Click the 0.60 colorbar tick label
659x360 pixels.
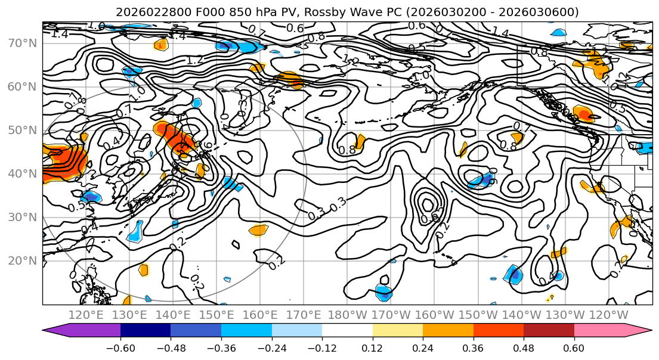pos(574,347)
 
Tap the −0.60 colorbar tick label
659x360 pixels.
pos(120,347)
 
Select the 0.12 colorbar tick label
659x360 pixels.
pos(372,347)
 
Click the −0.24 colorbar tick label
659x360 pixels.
pos(271,347)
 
